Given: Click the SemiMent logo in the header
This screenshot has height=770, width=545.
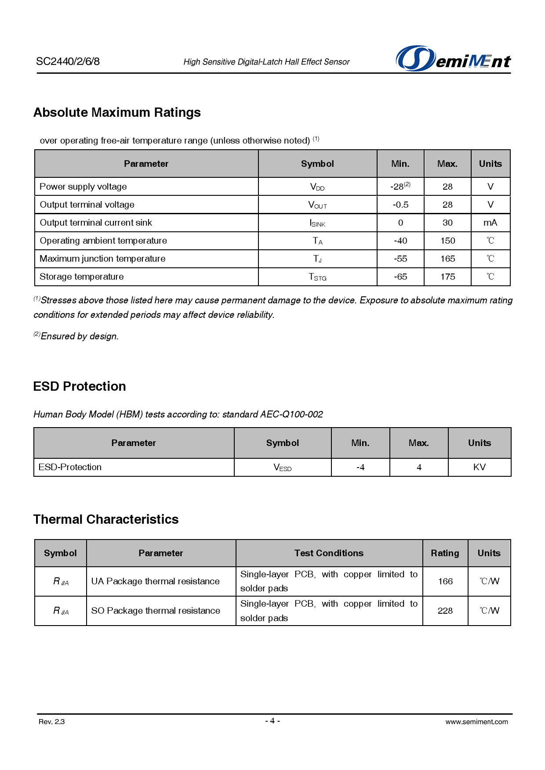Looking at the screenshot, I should (453, 59).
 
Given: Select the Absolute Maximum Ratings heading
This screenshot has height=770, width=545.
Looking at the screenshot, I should (117, 113).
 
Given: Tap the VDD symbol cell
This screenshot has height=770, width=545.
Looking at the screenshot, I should (317, 187).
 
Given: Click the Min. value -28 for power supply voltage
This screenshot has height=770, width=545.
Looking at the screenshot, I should (400, 187).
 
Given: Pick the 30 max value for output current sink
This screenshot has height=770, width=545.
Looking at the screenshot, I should (447, 223).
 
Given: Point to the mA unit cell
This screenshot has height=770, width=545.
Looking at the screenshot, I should (490, 223).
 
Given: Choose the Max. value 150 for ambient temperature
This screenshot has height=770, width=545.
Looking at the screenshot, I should (447, 241).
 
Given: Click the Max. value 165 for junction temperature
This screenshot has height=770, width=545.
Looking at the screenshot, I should (447, 259).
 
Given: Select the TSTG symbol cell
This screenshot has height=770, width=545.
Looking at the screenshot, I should (317, 277).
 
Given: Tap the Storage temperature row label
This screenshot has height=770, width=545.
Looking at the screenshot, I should (82, 277).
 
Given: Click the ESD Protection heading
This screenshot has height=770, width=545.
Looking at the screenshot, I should (80, 386).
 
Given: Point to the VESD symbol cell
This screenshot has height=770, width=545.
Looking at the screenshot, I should (282, 468).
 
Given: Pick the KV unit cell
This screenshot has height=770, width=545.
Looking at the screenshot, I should (479, 468).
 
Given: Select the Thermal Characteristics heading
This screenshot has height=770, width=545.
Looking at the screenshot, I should (106, 519).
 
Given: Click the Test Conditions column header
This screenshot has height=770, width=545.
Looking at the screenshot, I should (329, 553).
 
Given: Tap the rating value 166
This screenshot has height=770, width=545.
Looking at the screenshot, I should (445, 582).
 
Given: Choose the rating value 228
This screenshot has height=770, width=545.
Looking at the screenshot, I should (445, 611).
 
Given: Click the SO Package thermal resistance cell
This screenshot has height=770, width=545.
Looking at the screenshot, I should (156, 611).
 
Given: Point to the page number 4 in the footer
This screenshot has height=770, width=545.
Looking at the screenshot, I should (272, 721).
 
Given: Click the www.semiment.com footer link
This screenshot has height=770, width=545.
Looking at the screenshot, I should (476, 722).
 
